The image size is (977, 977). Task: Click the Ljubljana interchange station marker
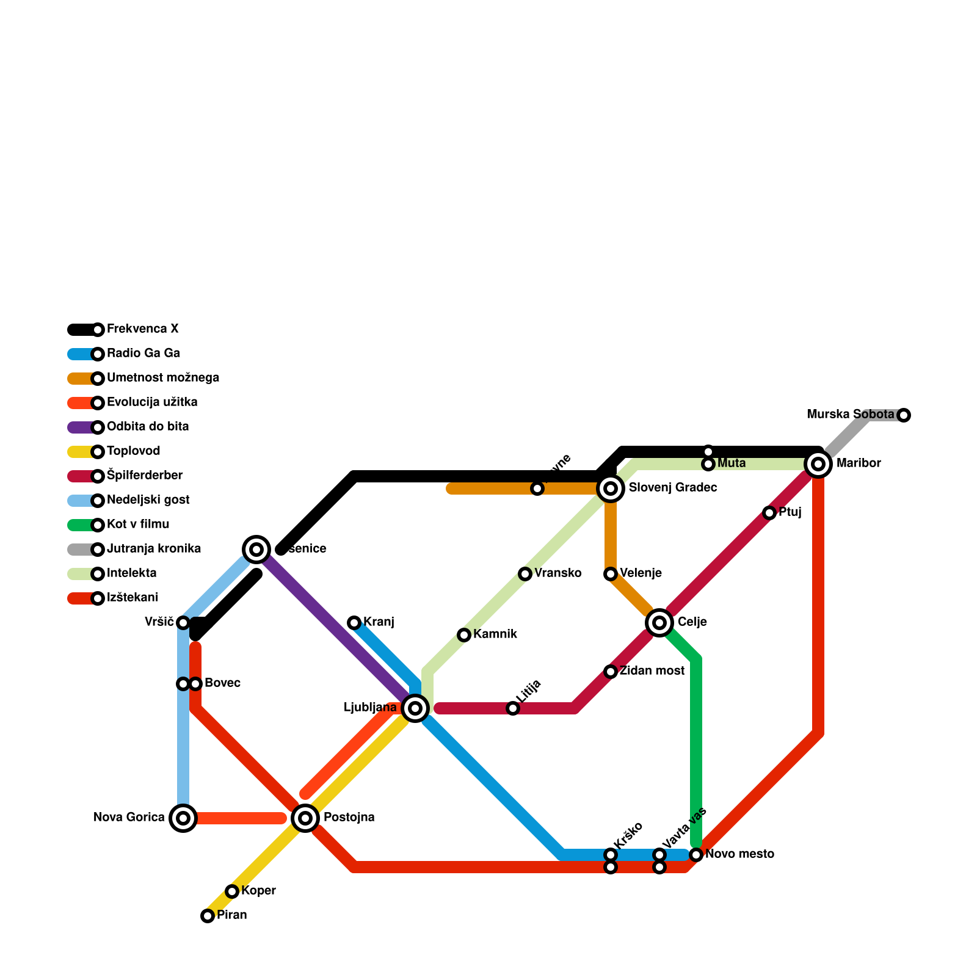(415, 708)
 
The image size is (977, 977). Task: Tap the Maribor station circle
(818, 464)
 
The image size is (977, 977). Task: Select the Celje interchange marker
(659, 623)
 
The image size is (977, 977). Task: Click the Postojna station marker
(305, 818)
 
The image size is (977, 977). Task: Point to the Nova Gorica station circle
(183, 818)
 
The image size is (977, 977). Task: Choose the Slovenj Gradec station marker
(611, 488)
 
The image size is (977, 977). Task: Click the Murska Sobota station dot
(904, 415)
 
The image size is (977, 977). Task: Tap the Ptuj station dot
(769, 513)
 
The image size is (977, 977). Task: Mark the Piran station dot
(208, 916)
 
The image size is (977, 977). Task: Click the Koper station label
(258, 891)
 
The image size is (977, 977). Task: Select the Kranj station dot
(354, 623)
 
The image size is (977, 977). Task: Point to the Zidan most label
(652, 671)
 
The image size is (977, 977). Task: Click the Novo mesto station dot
(696, 855)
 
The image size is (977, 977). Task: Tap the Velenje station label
(641, 573)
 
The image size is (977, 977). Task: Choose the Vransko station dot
(525, 574)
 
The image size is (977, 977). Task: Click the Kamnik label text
(495, 634)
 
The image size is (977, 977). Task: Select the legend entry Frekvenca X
(142, 329)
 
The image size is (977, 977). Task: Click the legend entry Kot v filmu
(138, 525)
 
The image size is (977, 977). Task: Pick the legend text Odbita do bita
(148, 427)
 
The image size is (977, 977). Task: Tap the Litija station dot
(513, 708)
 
